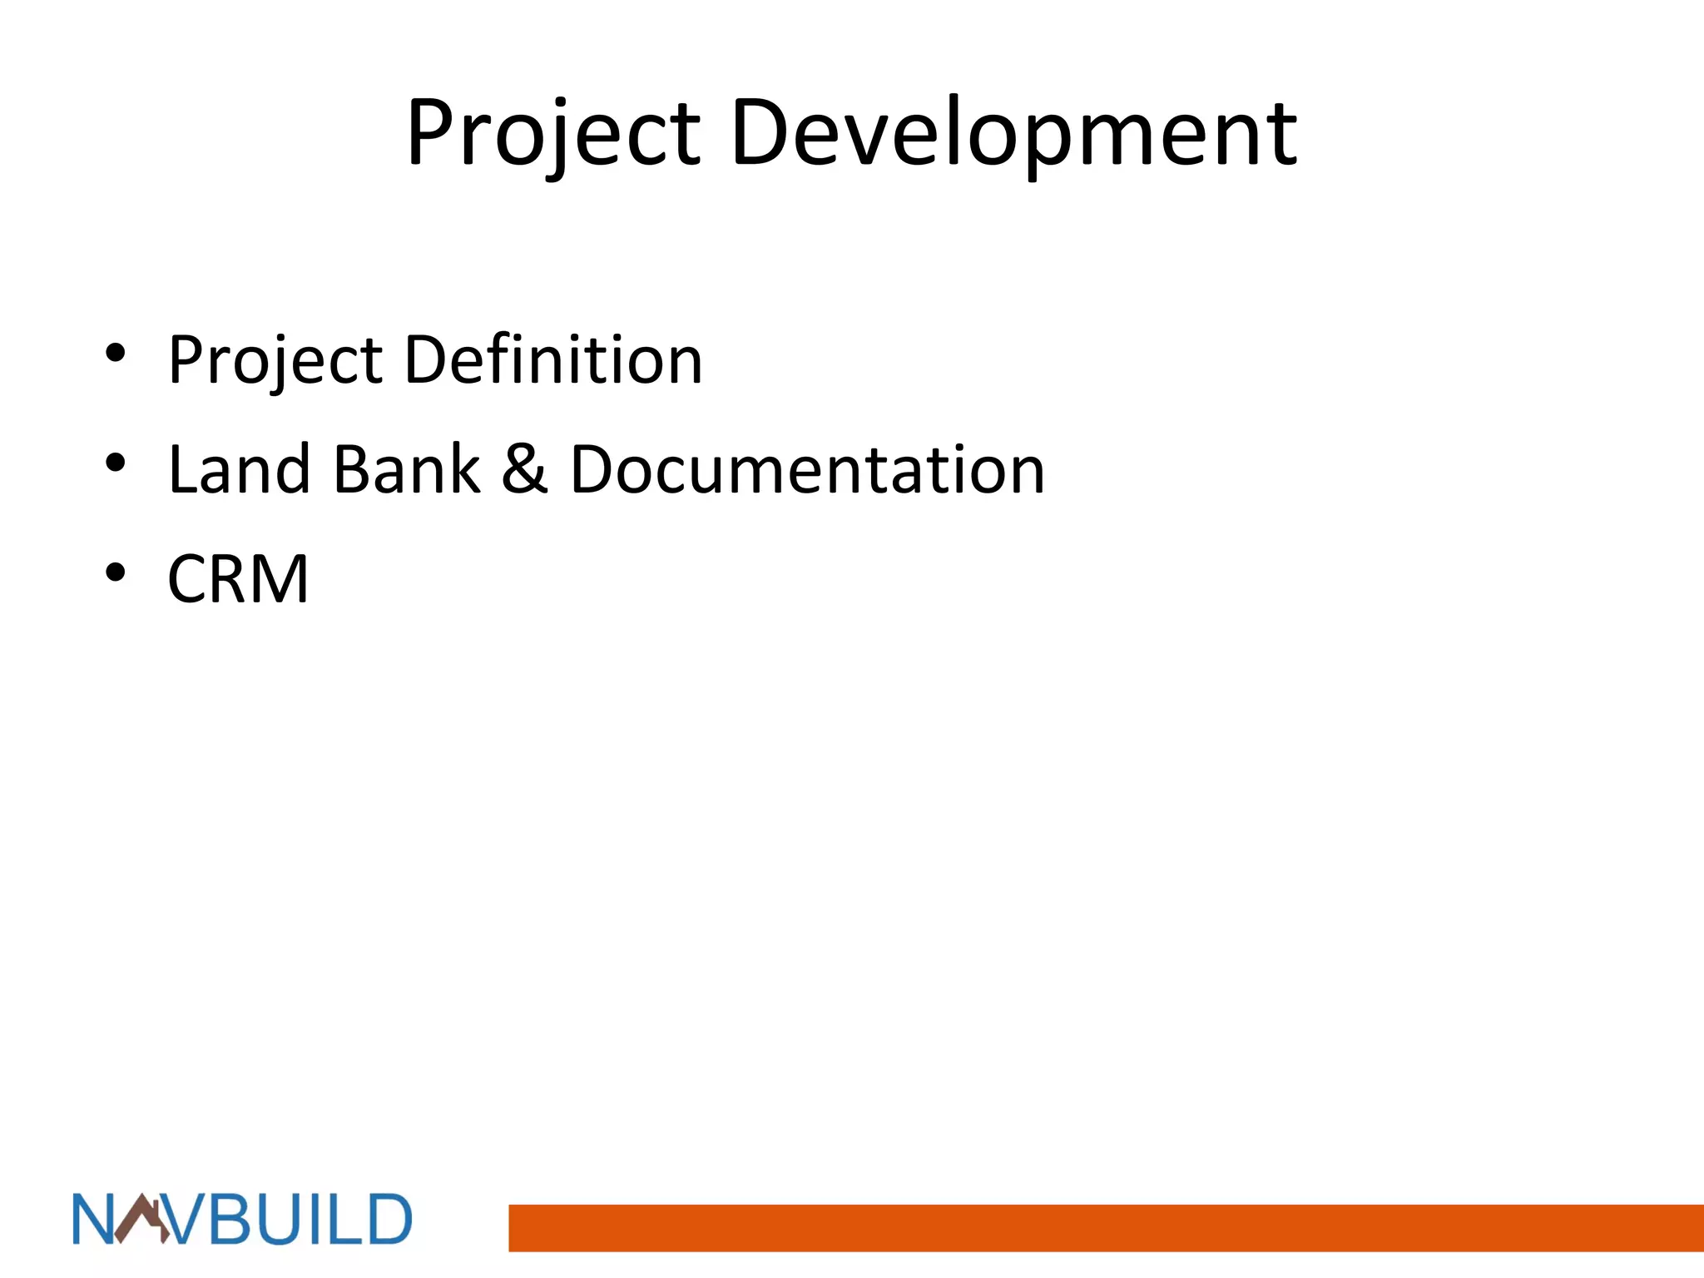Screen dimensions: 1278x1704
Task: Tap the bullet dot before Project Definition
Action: (116, 353)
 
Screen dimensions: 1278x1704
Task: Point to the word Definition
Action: (553, 359)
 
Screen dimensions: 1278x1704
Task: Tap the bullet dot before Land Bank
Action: (116, 463)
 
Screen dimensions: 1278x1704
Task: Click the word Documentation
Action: (807, 469)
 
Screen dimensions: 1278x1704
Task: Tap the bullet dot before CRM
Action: (116, 572)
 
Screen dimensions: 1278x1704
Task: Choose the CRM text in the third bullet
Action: (238, 579)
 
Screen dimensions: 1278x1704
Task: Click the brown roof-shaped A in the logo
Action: (141, 1220)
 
